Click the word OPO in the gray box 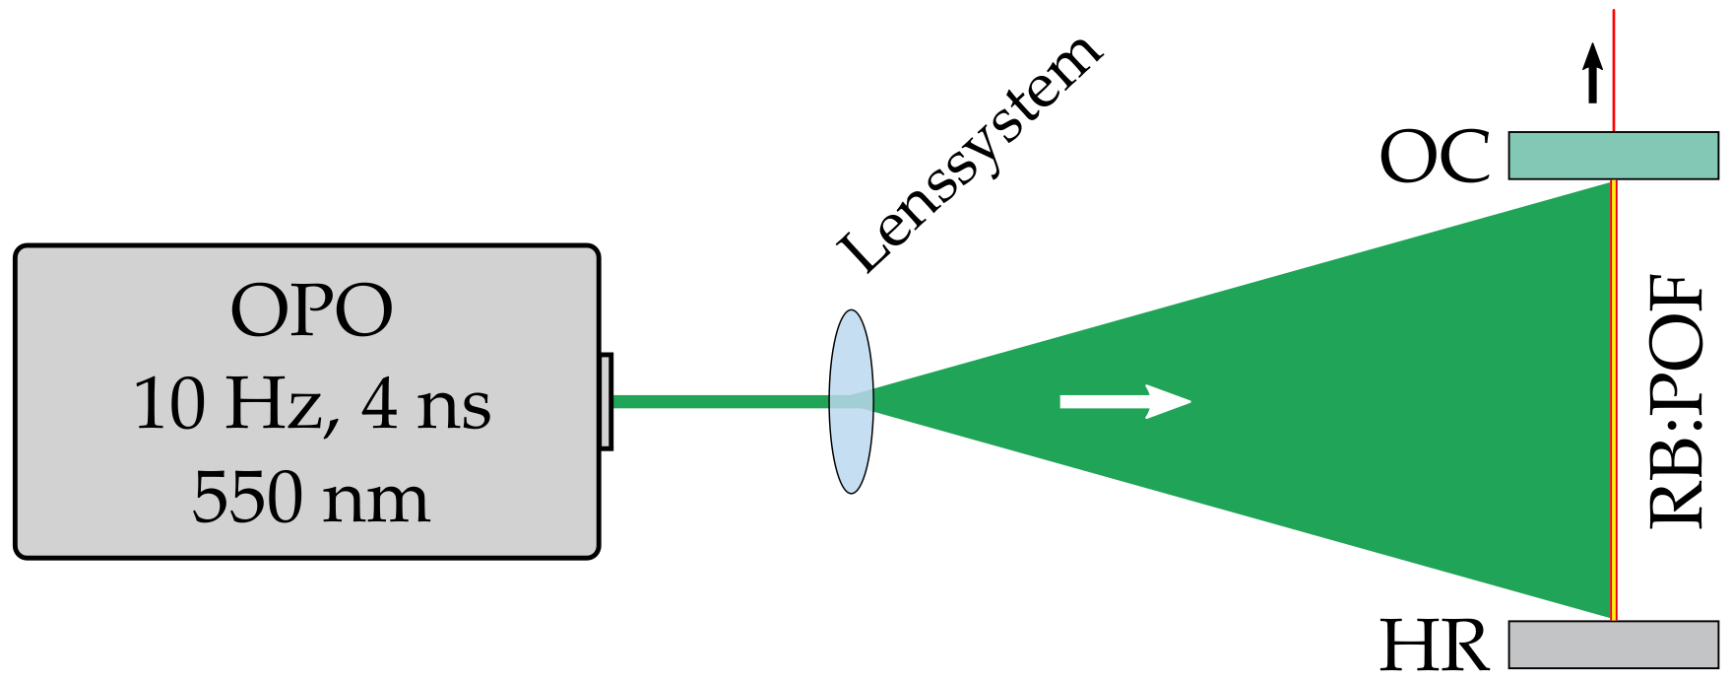point(311,311)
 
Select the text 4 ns point(425,405)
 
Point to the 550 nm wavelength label point(311,498)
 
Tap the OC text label point(1435,158)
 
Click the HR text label point(1434,647)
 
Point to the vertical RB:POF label point(1676,401)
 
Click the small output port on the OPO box point(607,401)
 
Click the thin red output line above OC point(1614,69)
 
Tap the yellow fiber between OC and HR point(1614,401)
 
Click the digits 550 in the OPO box point(247,498)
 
